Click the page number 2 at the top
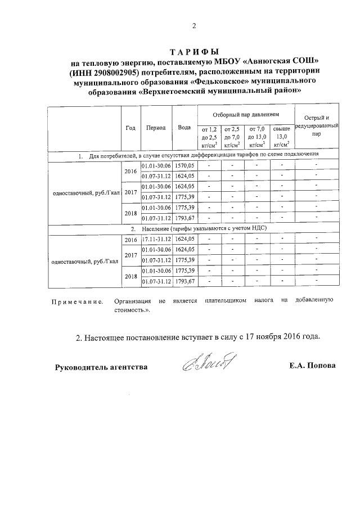[193, 25]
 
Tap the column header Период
[155, 127]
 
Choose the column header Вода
[184, 127]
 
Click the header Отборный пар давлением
[245, 114]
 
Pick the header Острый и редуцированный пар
[317, 126]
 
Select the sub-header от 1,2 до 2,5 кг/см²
[209, 137]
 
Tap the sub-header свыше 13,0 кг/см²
[281, 137]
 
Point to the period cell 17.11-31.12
[155, 239]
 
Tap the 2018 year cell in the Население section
[130, 276]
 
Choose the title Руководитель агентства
[101, 367]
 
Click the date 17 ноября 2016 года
[277, 338]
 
